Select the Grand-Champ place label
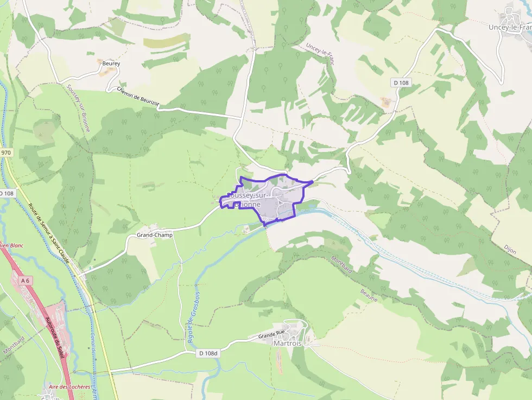tap(155, 235)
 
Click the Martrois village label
tap(287, 344)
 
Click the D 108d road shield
tap(208, 353)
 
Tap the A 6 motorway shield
tap(25, 281)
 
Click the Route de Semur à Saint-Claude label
tap(49, 234)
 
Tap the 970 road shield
tap(6, 153)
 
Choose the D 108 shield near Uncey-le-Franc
tap(401, 82)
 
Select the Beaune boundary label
tap(369, 296)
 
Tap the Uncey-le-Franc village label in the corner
tap(510, 27)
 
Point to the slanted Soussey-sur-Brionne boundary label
tap(79, 108)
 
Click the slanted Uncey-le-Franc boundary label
tap(320, 54)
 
